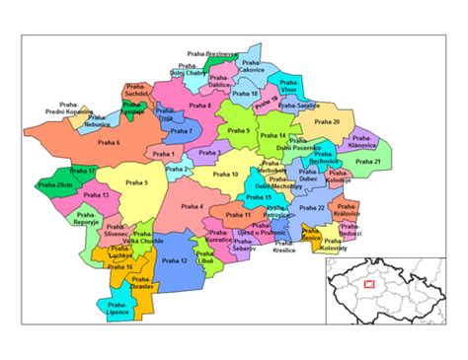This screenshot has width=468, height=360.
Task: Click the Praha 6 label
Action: (109, 143)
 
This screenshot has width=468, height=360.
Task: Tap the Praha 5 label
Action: (138, 183)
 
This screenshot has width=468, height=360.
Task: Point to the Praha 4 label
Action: (193, 207)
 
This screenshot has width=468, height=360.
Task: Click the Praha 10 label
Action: (227, 175)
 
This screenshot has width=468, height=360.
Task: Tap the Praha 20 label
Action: (328, 122)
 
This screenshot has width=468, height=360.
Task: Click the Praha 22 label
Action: (313, 208)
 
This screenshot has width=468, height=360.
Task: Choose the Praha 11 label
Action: (240, 214)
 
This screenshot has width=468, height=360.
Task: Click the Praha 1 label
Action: (163, 154)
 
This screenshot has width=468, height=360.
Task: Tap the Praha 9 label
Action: (239, 130)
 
